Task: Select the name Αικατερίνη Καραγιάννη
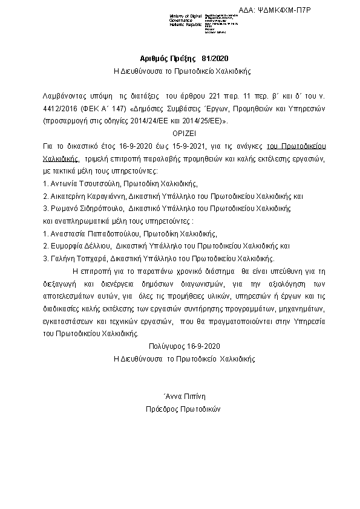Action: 87,196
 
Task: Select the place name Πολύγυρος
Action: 165,346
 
